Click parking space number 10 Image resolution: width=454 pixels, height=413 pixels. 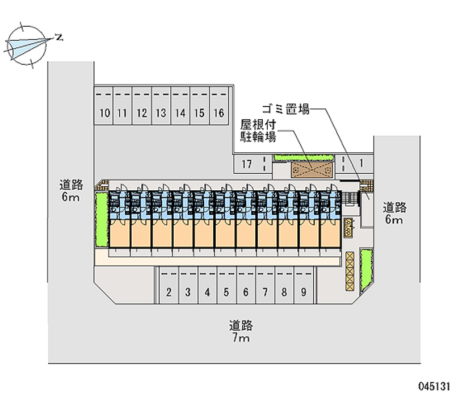click(x=104, y=113)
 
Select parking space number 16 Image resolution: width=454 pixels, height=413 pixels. click(x=218, y=113)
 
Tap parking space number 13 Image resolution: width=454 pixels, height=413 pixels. click(x=161, y=113)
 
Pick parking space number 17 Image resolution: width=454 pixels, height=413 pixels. click(x=246, y=164)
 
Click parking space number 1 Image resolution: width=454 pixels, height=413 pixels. click(x=361, y=164)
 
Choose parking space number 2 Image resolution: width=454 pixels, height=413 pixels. click(x=169, y=293)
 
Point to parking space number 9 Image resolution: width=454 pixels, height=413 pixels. click(x=304, y=293)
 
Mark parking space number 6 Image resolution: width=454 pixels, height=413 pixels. click(x=246, y=293)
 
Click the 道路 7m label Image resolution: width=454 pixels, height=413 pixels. click(x=241, y=332)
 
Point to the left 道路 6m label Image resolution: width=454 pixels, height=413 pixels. click(x=72, y=190)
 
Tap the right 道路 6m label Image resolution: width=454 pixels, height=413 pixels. click(x=393, y=212)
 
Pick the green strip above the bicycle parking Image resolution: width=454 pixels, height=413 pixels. click(x=300, y=157)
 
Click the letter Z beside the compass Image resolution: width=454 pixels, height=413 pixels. click(x=58, y=37)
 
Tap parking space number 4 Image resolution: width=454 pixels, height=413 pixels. click(x=208, y=293)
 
